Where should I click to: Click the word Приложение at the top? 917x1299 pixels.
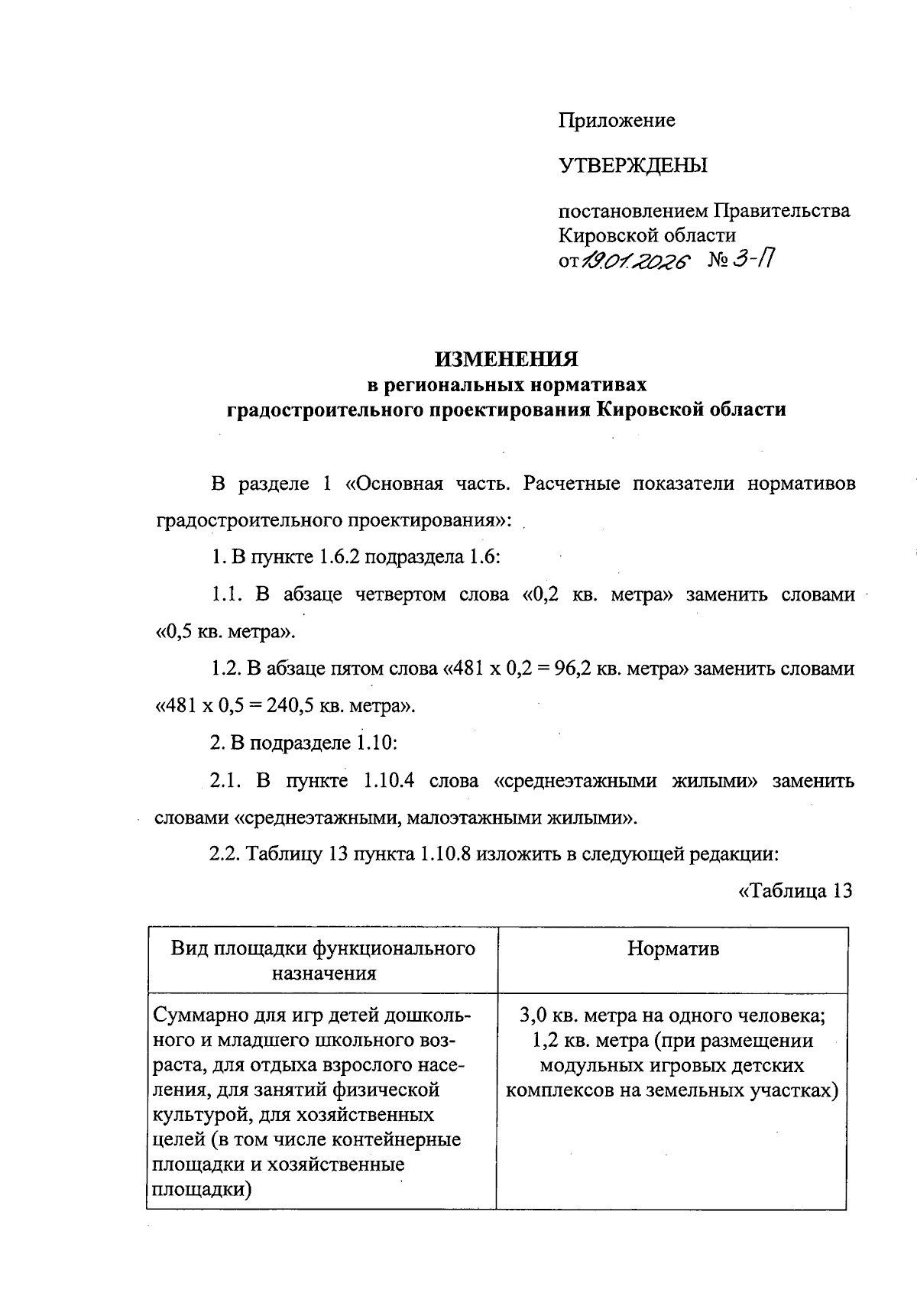617,121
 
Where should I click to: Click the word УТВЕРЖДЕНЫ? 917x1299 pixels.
633,165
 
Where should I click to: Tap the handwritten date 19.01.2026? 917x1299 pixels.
635,262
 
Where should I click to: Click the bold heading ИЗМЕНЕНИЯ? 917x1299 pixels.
506,358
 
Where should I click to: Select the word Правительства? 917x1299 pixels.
782,211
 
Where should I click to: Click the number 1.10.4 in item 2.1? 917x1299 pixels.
389,781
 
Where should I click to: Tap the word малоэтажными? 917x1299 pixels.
474,818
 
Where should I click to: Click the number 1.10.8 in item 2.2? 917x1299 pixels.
445,855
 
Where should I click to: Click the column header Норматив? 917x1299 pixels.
672,949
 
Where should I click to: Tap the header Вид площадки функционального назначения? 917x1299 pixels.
322,960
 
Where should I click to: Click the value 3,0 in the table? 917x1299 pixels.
533,1016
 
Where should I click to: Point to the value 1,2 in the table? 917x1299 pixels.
543,1041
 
